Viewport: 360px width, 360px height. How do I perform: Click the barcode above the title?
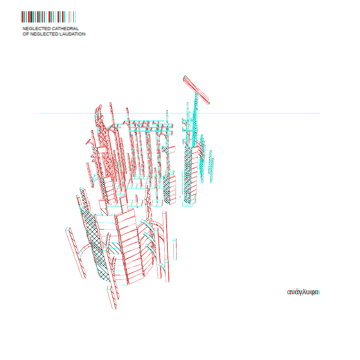click(x=49, y=17)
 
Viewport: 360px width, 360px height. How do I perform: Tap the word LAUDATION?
click(x=72, y=34)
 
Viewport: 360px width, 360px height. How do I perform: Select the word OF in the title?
click(x=26, y=34)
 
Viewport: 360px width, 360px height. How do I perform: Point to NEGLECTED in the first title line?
click(x=36, y=28)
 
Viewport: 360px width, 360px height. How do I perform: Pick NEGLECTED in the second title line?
click(x=44, y=34)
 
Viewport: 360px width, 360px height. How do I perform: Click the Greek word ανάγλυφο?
click(x=303, y=292)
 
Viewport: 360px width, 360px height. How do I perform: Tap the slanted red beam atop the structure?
click(x=196, y=90)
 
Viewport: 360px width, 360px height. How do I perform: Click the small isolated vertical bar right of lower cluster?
click(x=175, y=249)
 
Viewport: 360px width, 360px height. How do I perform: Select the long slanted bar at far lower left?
click(x=76, y=253)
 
